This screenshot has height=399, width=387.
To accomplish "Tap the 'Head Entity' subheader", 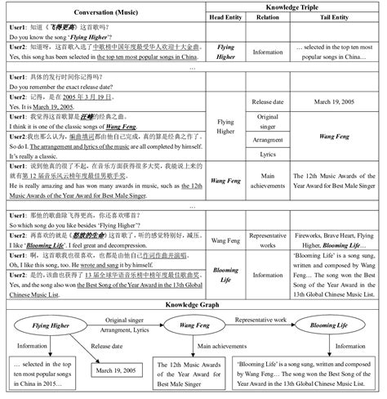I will tap(226, 17).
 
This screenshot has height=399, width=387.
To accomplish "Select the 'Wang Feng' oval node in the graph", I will tap(196, 325).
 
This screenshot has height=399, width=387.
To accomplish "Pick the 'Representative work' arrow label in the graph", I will tap(266, 313).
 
